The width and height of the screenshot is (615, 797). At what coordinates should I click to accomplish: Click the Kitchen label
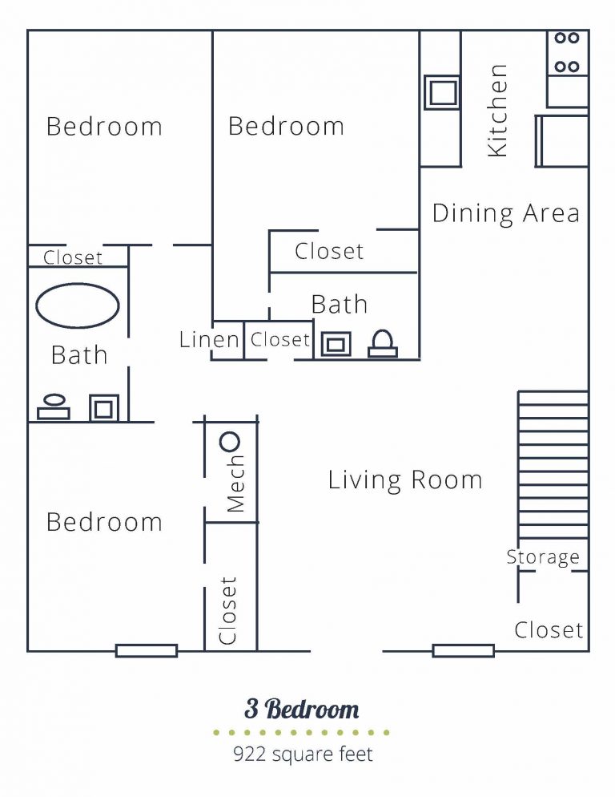pyautogui.click(x=497, y=110)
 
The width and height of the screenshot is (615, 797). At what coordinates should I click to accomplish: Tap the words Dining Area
pyautogui.click(x=505, y=213)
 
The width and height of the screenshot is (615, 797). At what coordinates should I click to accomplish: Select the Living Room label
pyautogui.click(x=405, y=479)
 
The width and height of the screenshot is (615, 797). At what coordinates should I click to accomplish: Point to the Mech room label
pyautogui.click(x=235, y=484)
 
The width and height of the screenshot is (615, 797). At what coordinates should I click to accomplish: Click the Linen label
pyautogui.click(x=209, y=339)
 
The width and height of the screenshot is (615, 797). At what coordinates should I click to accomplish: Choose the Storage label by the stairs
pyautogui.click(x=542, y=557)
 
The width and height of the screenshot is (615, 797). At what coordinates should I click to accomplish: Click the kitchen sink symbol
pyautogui.click(x=441, y=92)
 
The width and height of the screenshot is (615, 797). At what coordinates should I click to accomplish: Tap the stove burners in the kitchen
pyautogui.click(x=567, y=52)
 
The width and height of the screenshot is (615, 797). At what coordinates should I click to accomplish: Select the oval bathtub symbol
pyautogui.click(x=78, y=305)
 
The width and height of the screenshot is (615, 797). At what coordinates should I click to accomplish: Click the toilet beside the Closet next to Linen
pyautogui.click(x=382, y=343)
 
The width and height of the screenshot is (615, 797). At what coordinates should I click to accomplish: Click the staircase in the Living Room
pyautogui.click(x=553, y=465)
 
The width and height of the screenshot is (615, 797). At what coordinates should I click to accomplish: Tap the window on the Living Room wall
pyautogui.click(x=463, y=650)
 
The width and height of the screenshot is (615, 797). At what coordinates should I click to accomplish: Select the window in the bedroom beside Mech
pyautogui.click(x=146, y=650)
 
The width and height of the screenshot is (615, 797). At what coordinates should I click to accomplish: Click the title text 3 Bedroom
pyautogui.click(x=302, y=709)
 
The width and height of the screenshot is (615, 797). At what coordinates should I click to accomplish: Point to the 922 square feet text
pyautogui.click(x=303, y=754)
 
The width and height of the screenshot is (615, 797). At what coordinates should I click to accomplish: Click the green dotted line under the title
pyautogui.click(x=301, y=732)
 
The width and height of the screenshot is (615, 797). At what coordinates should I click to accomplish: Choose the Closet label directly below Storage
pyautogui.click(x=549, y=630)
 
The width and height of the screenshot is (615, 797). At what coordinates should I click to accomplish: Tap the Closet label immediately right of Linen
pyautogui.click(x=279, y=339)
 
